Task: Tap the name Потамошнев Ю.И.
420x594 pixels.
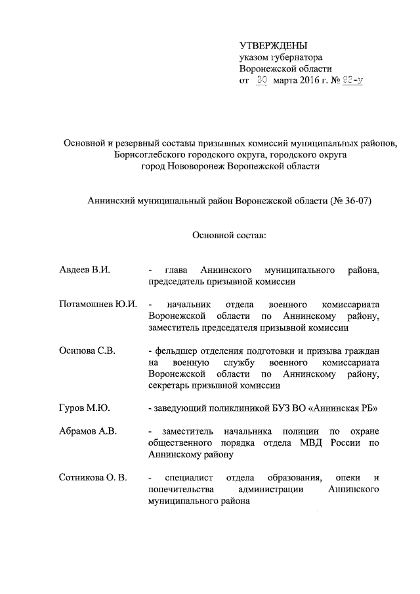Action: coord(97,305)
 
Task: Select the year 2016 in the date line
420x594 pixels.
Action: coord(311,81)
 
